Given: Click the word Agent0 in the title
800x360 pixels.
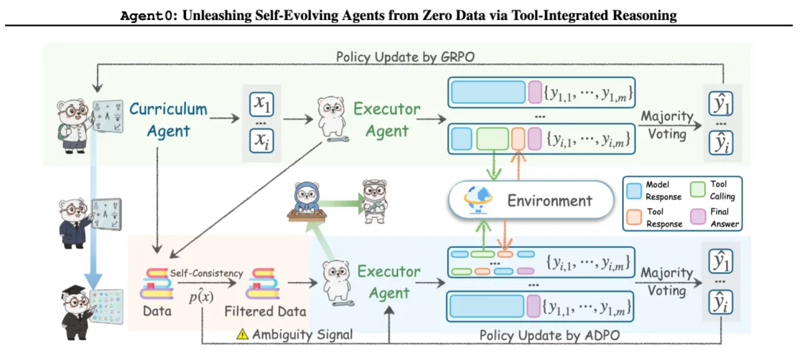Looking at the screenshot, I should point(144,16).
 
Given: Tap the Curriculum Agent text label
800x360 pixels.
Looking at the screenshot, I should point(168,119).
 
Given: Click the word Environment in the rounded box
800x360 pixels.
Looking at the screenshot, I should point(549,201).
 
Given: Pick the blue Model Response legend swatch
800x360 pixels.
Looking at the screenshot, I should point(635,188).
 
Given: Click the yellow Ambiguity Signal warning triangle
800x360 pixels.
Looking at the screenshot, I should point(241,334).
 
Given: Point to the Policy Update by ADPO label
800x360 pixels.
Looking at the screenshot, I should point(549,335).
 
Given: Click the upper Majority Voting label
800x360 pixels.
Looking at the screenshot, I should point(667,124).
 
